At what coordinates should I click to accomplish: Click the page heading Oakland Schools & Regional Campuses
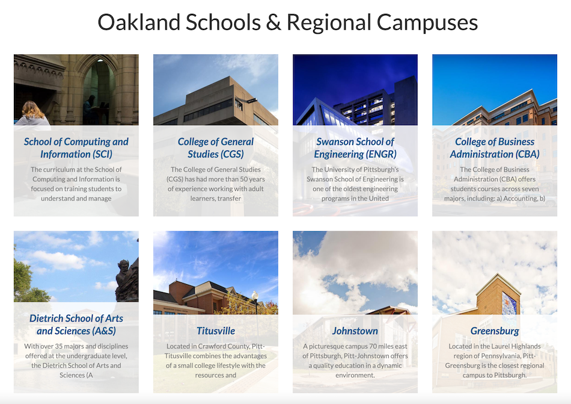click(x=287, y=23)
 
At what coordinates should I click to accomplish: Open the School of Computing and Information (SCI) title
click(x=76, y=148)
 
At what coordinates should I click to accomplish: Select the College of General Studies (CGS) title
click(x=216, y=148)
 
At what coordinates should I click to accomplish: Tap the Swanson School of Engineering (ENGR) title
click(x=355, y=148)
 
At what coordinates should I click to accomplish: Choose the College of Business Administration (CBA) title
click(x=495, y=148)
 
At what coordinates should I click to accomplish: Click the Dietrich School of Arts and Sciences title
click(x=76, y=325)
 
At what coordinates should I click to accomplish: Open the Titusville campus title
click(x=216, y=331)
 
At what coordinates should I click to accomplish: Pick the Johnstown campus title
click(x=355, y=331)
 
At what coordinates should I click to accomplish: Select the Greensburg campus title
click(x=495, y=331)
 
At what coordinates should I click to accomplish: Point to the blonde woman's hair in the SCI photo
click(x=33, y=110)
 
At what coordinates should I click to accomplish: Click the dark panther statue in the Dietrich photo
click(x=127, y=280)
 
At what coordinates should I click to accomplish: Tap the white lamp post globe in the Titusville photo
click(x=255, y=295)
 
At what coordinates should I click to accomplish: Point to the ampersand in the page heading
click(x=273, y=23)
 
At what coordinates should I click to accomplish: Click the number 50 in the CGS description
click(x=243, y=179)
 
